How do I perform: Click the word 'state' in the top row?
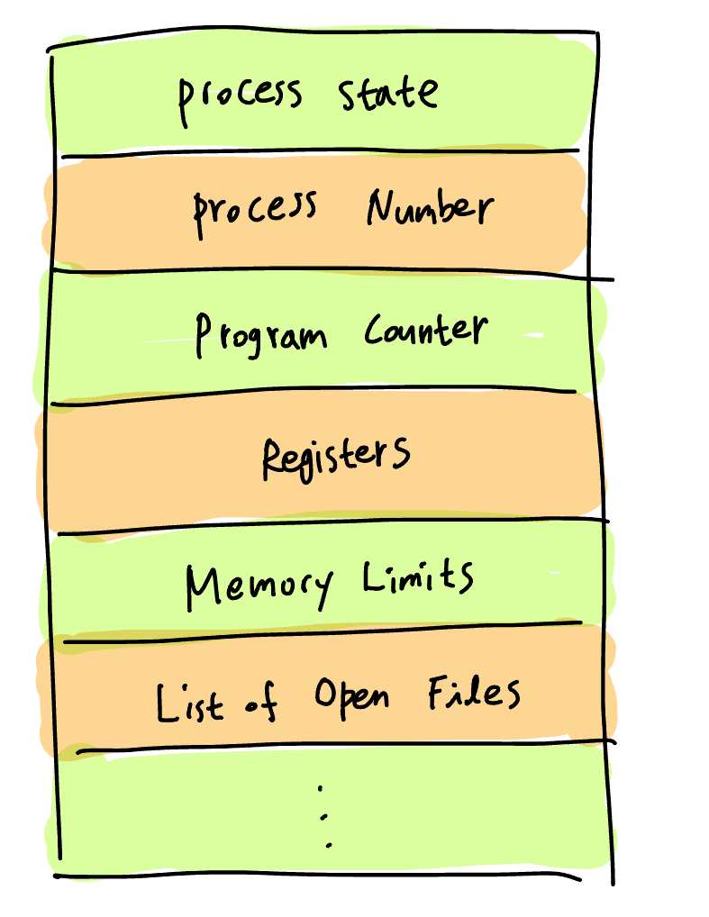(x=389, y=93)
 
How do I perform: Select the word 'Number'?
(x=430, y=209)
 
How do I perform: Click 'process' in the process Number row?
(x=255, y=211)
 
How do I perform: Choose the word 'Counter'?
(x=425, y=331)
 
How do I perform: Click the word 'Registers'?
(x=335, y=456)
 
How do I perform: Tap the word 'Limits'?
(x=418, y=577)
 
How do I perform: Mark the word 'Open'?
(x=351, y=697)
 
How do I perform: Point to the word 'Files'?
(x=474, y=694)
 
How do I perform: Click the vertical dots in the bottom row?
(x=324, y=816)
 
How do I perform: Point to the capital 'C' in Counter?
(x=374, y=332)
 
